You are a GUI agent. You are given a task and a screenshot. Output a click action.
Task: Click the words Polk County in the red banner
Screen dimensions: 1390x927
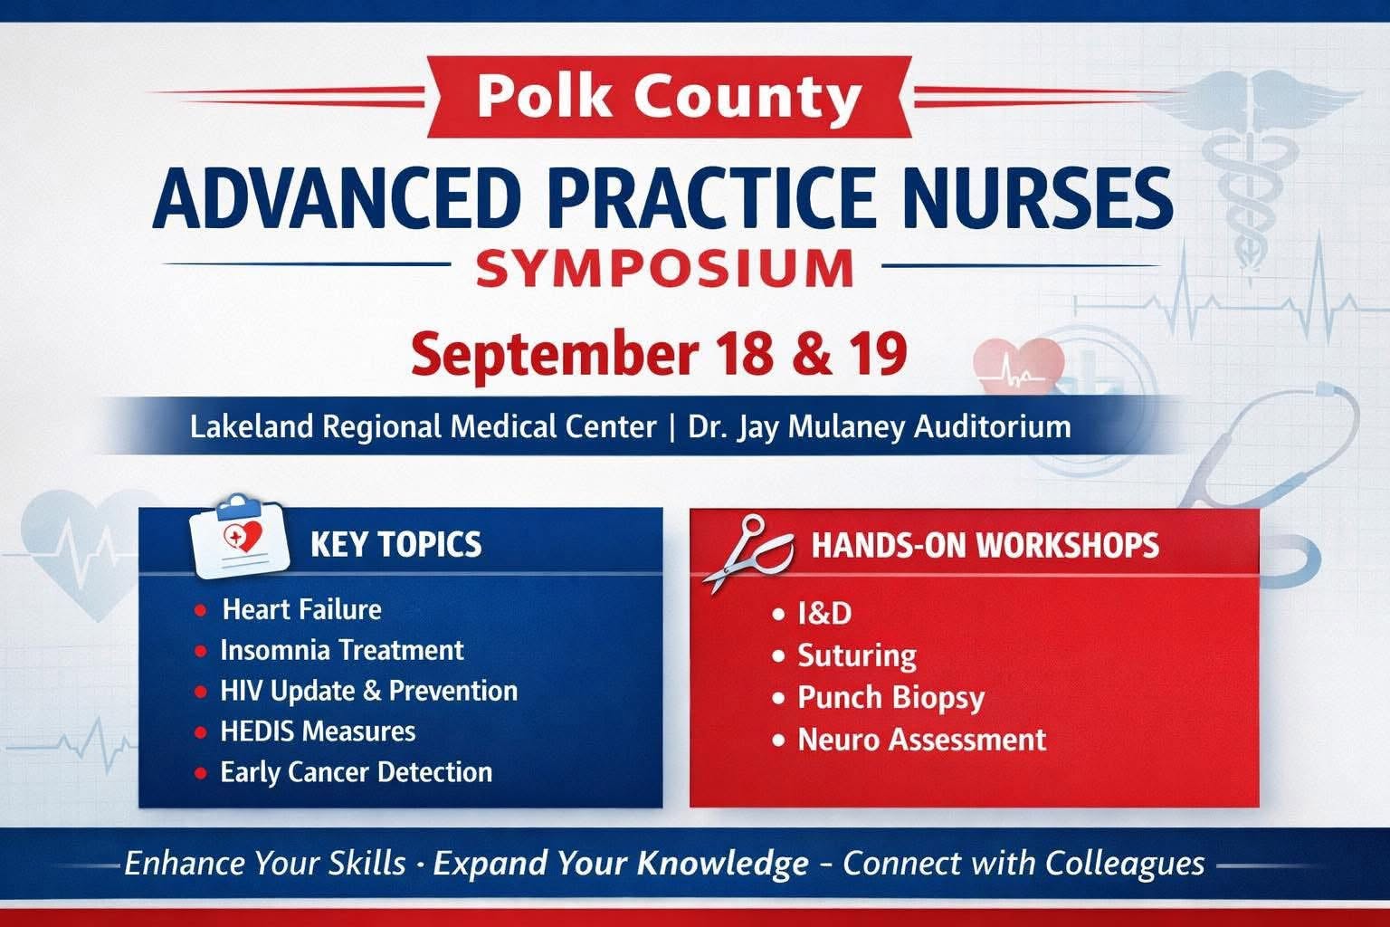coord(670,97)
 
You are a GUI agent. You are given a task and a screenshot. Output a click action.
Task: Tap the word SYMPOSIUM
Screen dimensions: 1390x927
coord(665,268)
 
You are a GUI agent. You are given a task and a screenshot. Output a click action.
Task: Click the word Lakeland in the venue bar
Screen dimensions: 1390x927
coord(252,426)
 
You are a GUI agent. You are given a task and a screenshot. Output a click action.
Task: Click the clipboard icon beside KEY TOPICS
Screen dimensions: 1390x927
coord(239,537)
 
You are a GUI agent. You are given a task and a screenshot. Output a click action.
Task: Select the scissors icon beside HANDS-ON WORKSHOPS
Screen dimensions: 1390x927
coord(748,552)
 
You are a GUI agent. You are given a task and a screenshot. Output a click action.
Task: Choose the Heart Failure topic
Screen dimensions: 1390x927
coord(301,609)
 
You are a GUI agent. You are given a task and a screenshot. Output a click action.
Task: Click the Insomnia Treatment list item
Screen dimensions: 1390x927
coord(342,650)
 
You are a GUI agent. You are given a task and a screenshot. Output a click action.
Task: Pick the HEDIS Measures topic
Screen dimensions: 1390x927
coord(318,731)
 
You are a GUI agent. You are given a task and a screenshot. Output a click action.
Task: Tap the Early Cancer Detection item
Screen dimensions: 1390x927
coord(357,772)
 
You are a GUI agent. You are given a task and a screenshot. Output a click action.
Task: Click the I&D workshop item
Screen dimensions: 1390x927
coord(824,614)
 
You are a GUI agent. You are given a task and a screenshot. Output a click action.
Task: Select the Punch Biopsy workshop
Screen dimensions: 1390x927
coord(890,698)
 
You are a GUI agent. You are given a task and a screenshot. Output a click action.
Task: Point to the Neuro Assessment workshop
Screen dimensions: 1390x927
coord(921,740)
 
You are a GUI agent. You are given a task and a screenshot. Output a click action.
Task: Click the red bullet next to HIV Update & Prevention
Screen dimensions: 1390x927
coord(200,692)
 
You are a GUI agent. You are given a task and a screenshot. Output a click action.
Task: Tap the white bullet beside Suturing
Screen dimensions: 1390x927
coord(779,656)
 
